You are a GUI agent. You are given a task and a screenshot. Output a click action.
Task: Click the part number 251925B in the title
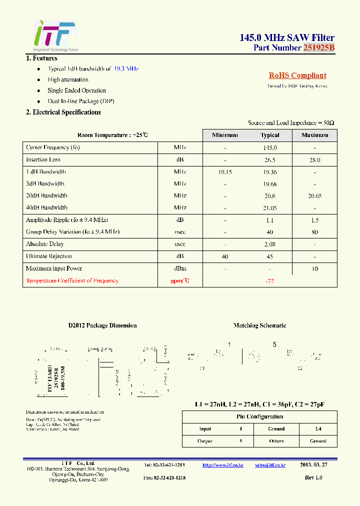click(318, 48)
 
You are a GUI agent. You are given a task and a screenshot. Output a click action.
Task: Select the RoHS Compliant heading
click(297, 75)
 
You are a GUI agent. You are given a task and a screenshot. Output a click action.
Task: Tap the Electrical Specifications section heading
click(63, 112)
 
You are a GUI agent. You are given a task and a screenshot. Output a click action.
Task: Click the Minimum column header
click(224, 135)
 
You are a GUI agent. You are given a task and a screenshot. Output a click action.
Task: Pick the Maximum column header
click(314, 135)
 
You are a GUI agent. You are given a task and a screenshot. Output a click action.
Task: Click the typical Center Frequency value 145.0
click(269, 148)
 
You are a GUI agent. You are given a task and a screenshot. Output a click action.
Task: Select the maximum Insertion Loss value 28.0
click(314, 160)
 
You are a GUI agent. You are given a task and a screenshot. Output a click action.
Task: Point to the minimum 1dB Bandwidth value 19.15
click(225, 172)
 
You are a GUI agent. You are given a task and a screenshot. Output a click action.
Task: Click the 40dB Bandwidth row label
click(46, 207)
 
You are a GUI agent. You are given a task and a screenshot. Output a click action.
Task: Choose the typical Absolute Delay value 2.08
click(269, 244)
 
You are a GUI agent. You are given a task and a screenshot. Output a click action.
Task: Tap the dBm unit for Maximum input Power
click(180, 268)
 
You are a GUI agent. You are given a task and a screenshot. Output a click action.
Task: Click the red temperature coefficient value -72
click(269, 281)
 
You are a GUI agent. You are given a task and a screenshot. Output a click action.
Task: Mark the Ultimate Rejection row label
click(49, 256)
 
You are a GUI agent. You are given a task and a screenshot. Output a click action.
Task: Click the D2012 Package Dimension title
click(102, 325)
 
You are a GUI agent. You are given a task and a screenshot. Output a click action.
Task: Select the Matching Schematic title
click(259, 325)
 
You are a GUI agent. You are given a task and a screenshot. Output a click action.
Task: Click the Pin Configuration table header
click(259, 417)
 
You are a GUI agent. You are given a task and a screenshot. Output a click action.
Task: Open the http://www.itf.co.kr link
click(222, 465)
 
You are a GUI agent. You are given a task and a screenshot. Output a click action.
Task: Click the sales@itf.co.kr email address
click(270, 465)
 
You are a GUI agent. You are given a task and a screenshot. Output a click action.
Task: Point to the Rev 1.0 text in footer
click(313, 478)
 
